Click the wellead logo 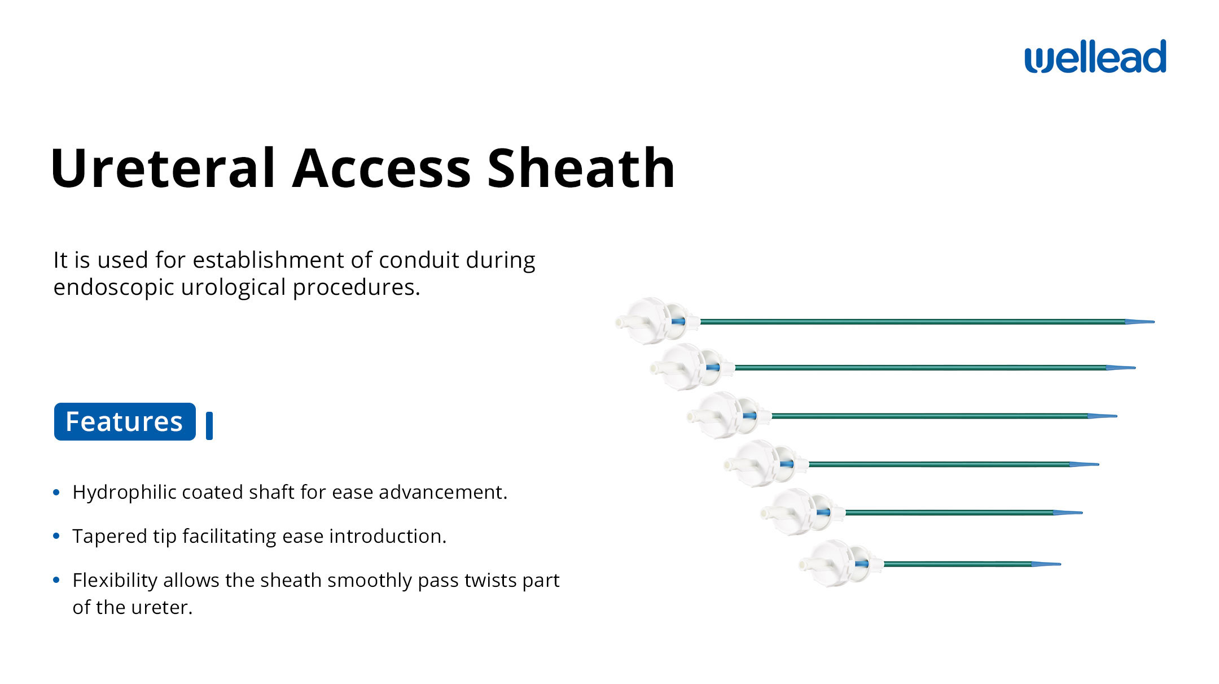click(x=1095, y=56)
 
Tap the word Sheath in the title click(x=581, y=168)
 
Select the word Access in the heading click(x=382, y=168)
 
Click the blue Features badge click(x=125, y=421)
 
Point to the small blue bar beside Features click(x=209, y=426)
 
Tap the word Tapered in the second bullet click(x=109, y=537)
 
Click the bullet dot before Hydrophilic click(x=56, y=493)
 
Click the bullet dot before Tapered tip click(x=56, y=536)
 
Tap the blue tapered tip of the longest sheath click(x=1139, y=322)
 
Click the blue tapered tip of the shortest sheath click(x=1046, y=564)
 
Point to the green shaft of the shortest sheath click(x=958, y=564)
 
